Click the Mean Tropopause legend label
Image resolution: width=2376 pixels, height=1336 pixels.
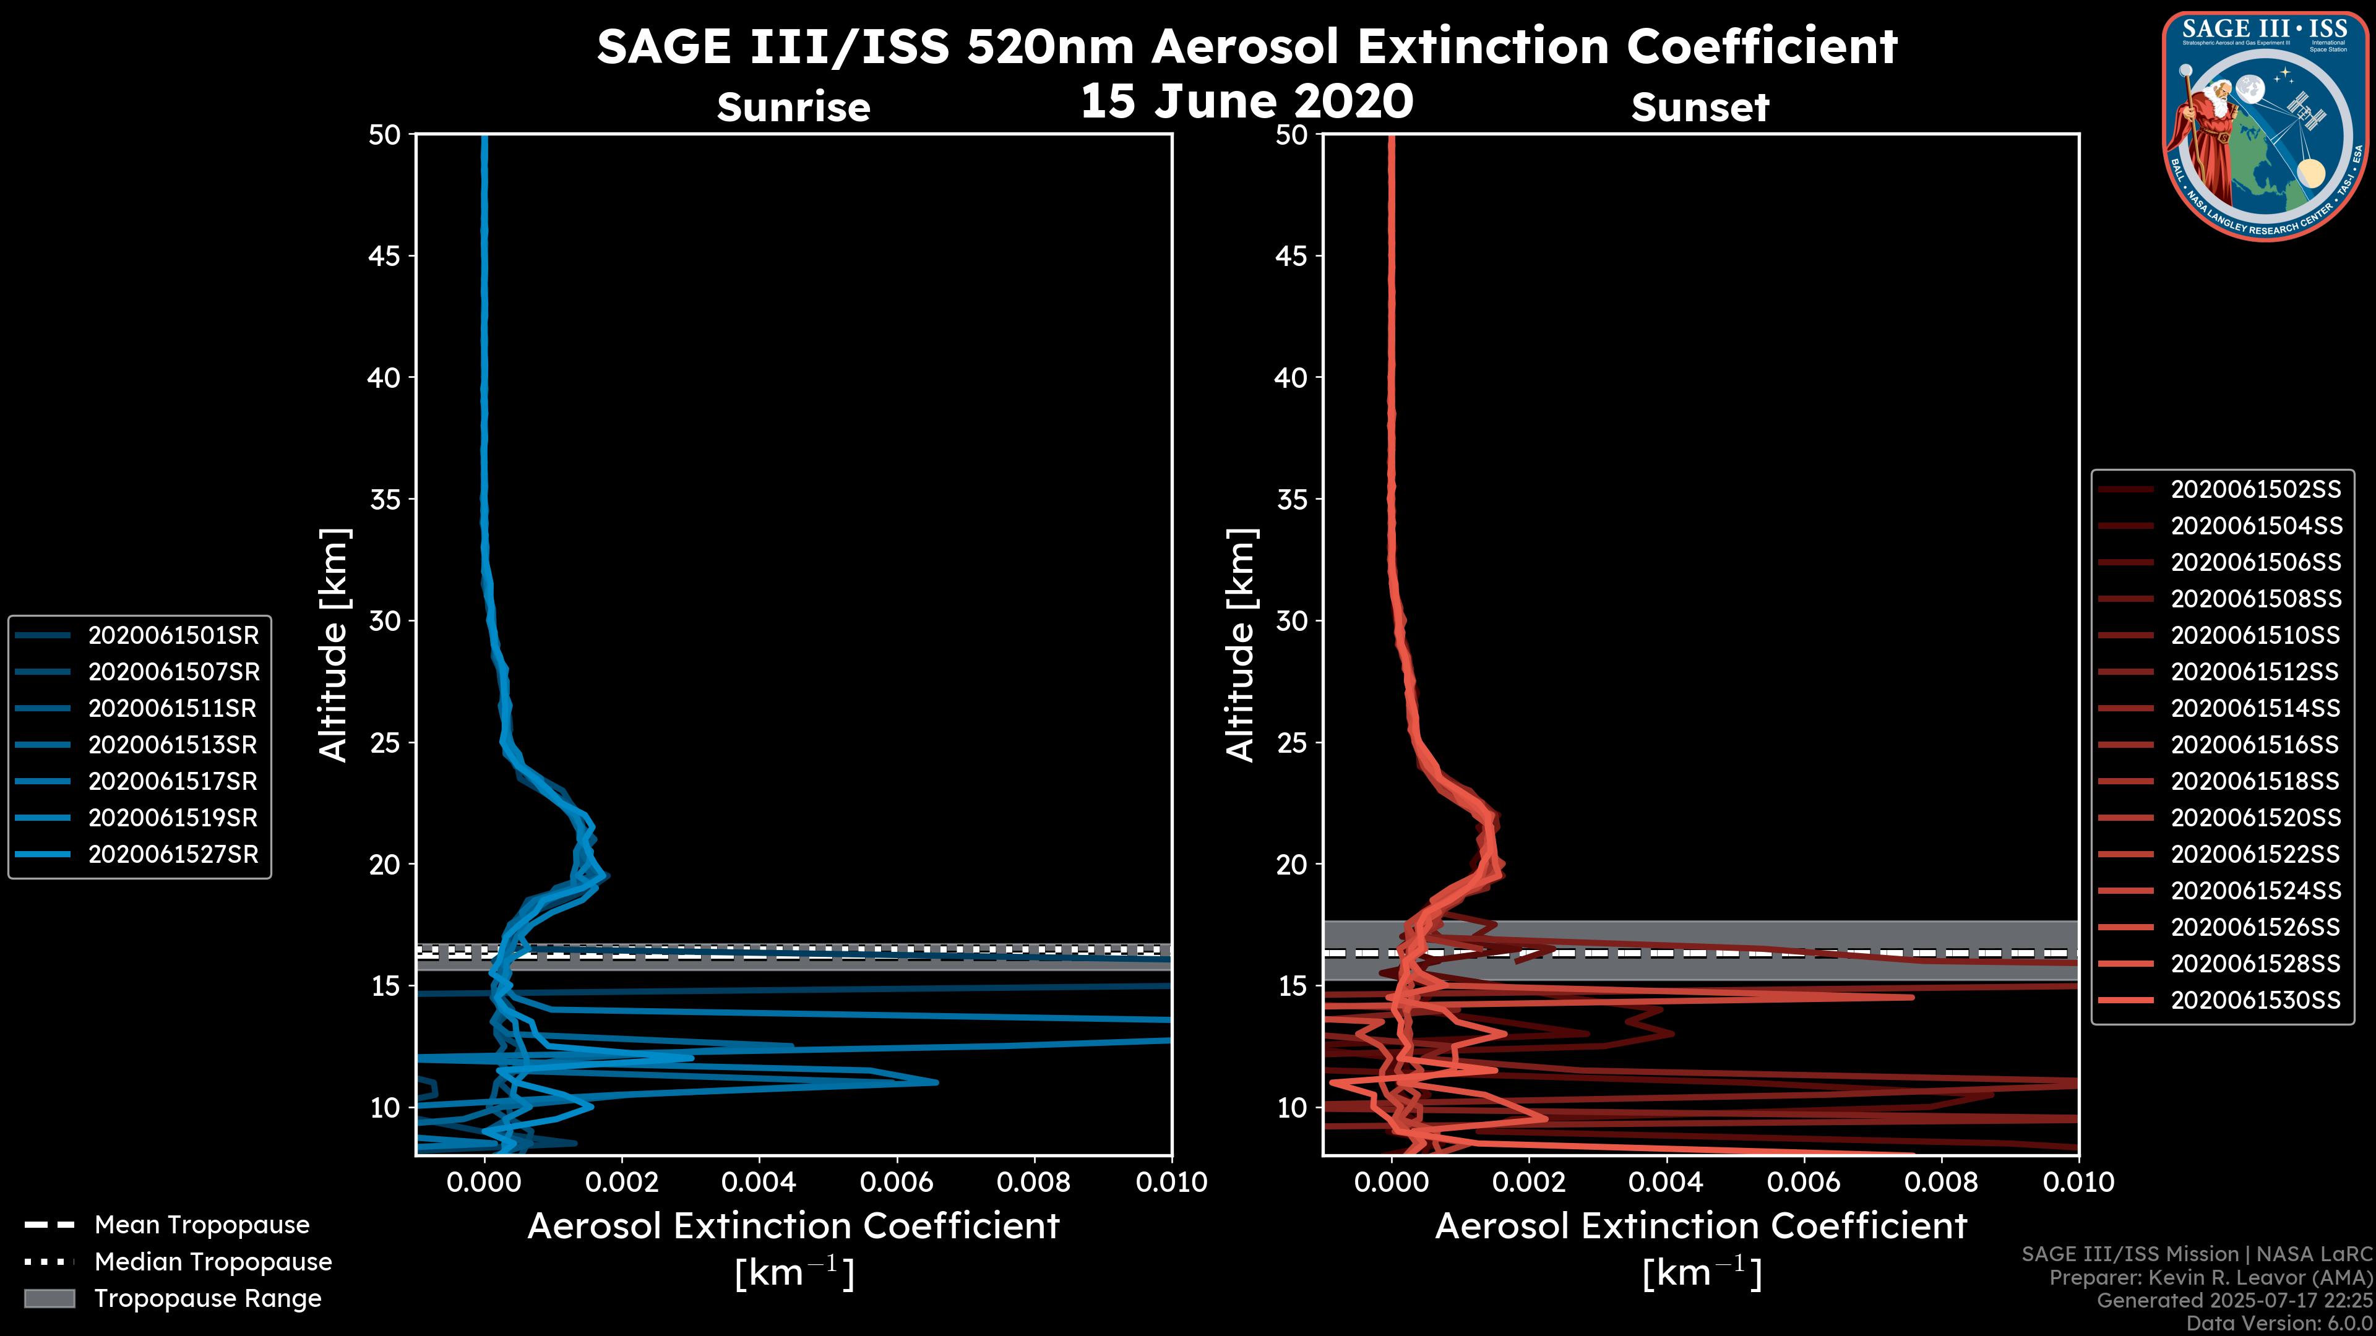pos(202,1225)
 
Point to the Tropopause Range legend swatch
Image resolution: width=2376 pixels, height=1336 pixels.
pos(49,1298)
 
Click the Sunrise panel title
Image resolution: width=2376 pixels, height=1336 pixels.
pos(793,108)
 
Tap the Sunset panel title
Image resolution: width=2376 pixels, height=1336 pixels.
pos(1700,108)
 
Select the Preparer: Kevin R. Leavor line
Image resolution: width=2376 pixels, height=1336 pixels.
pos(2210,1277)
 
